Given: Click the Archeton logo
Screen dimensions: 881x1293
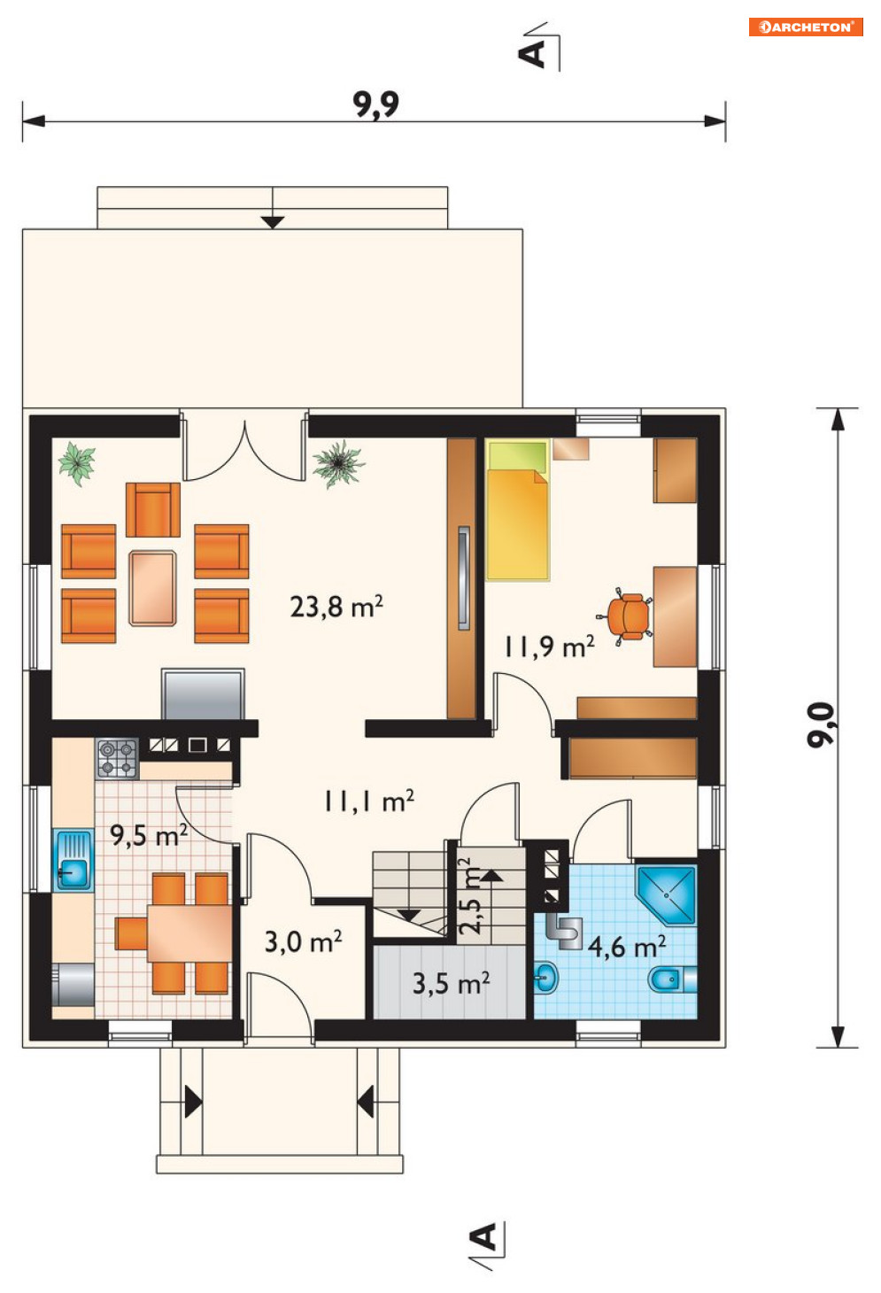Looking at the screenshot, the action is [806, 27].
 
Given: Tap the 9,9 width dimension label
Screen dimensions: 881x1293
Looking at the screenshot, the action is [376, 105].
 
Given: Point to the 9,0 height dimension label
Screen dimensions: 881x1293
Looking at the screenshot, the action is [821, 725].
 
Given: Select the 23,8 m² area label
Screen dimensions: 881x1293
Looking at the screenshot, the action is [336, 607].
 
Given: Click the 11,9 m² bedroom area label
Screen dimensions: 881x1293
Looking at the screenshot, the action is [549, 646].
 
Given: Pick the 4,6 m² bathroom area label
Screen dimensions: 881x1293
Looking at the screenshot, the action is [627, 947].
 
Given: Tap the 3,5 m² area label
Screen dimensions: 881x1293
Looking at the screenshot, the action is [452, 983].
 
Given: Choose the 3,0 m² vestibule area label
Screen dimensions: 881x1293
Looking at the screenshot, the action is [304, 941].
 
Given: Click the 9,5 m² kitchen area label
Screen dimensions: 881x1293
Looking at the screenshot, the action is [149, 834].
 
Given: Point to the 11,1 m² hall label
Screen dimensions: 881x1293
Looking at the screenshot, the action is [368, 801].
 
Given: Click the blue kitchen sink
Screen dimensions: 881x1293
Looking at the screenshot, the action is [73, 860].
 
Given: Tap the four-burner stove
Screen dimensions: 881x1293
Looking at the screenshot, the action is [118, 758].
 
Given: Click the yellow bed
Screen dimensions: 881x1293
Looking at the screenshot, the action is [517, 510].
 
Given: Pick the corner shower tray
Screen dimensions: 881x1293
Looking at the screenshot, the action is [667, 894].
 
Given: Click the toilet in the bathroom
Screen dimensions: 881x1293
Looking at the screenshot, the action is [672, 979].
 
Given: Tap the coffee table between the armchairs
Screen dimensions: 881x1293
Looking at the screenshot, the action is [153, 588].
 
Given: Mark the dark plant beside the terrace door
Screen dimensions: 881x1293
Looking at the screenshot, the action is [338, 463].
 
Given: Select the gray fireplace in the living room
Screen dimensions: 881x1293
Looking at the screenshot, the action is [203, 693].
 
